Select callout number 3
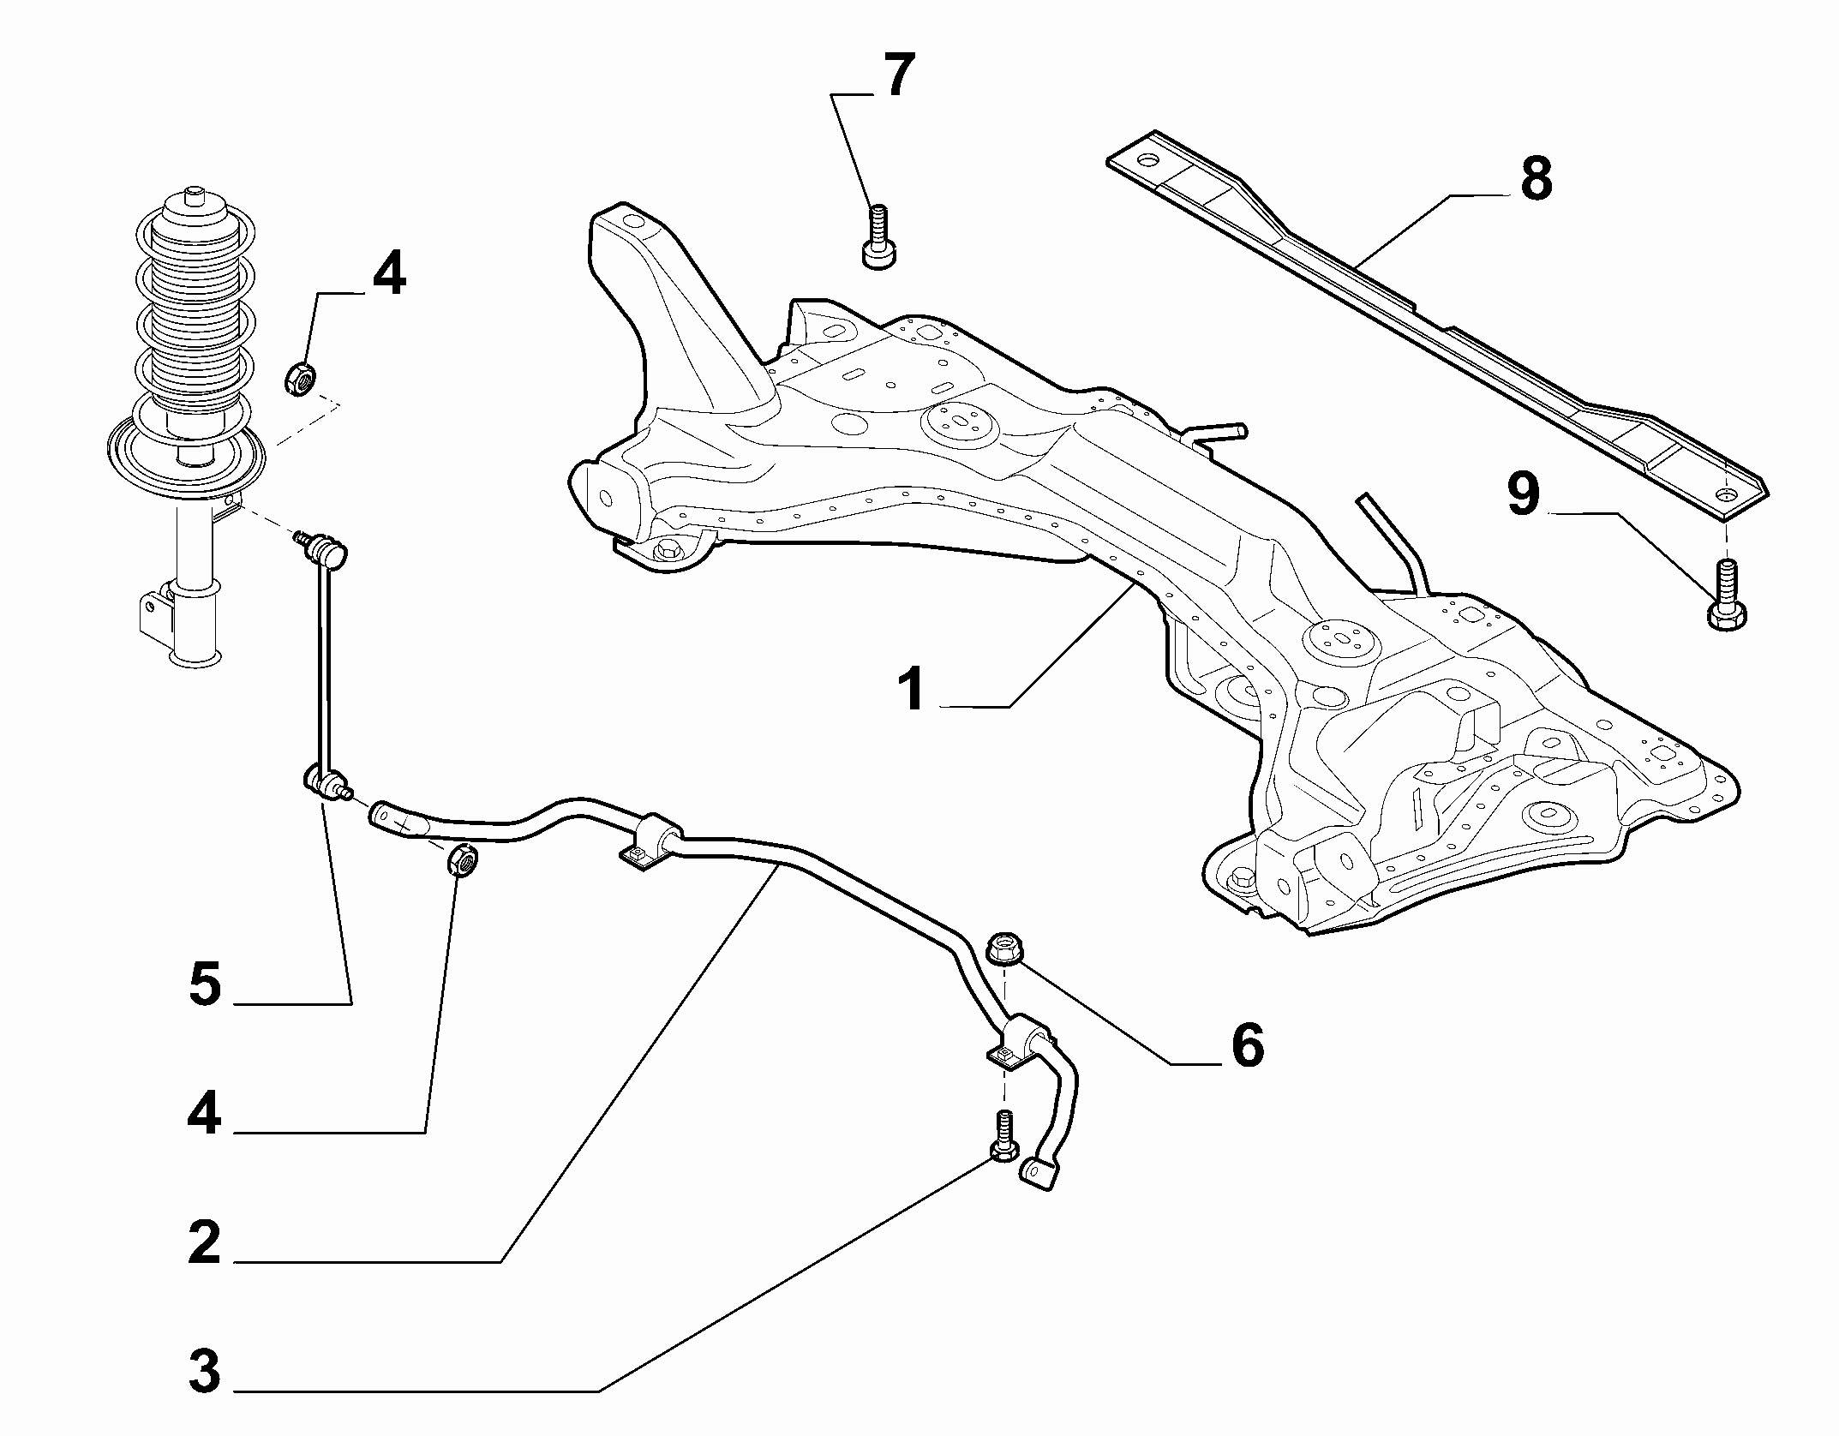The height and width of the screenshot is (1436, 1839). pyautogui.click(x=205, y=1371)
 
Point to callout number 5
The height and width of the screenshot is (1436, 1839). pyautogui.click(x=205, y=983)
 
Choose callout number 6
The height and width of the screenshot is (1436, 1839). pyautogui.click(x=1246, y=1045)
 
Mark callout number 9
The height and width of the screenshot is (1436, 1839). pyautogui.click(x=1523, y=495)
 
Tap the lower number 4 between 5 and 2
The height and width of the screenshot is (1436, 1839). pyautogui.click(x=205, y=1115)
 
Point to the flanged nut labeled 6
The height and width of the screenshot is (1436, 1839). pyautogui.click(x=1004, y=948)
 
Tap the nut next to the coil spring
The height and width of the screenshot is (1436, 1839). pyautogui.click(x=302, y=378)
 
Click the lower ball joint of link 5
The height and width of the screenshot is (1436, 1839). pyautogui.click(x=326, y=782)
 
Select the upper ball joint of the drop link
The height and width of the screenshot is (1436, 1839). pyautogui.click(x=325, y=547)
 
